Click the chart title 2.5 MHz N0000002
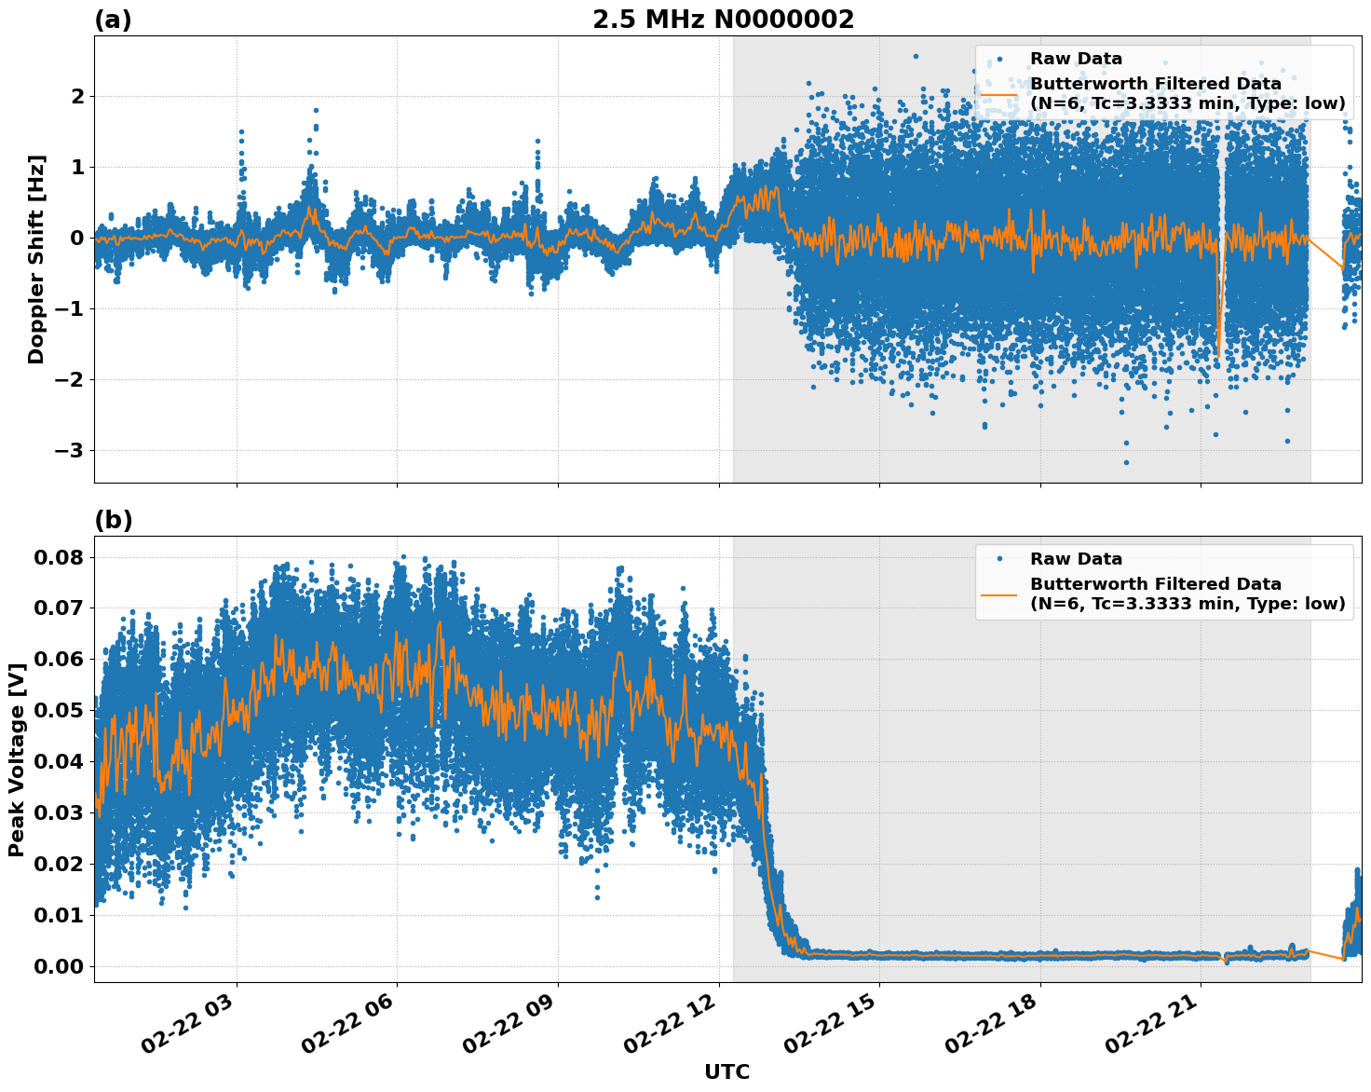[723, 20]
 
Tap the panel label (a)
[113, 20]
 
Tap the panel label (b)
[113, 520]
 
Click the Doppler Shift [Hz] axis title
[36, 259]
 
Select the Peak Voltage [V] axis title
[16, 759]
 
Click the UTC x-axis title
[726, 1072]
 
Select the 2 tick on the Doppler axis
[78, 97]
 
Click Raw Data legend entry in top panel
[1076, 59]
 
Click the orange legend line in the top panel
[998, 94]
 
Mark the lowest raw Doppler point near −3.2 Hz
[1126, 462]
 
